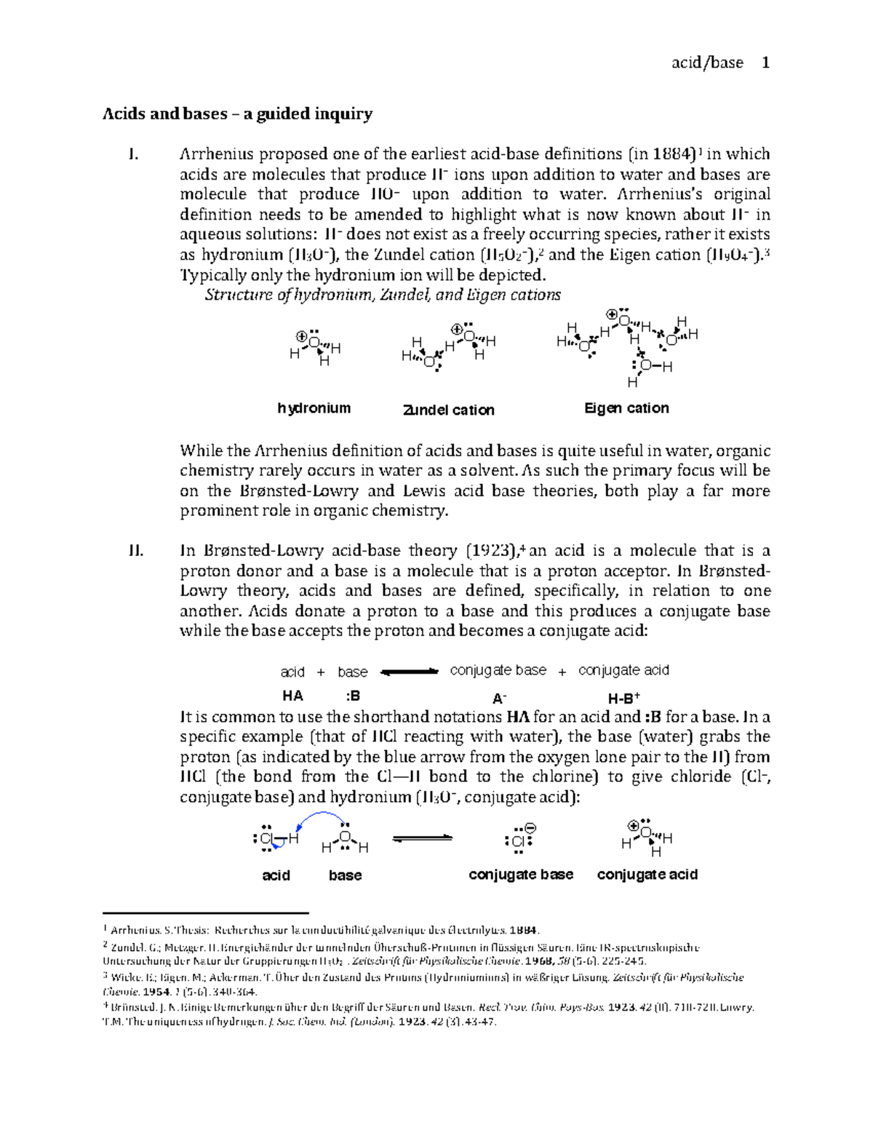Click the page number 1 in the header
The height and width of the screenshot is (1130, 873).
tap(765, 63)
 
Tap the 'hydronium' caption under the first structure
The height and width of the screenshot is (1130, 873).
tap(314, 408)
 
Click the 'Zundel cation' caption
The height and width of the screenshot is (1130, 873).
tap(448, 410)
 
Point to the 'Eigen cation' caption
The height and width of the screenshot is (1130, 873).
tap(626, 408)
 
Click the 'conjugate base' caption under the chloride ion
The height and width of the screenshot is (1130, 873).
tap(521, 875)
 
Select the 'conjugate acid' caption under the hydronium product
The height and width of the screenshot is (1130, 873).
tap(647, 875)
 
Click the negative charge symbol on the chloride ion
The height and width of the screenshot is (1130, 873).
tap(530, 829)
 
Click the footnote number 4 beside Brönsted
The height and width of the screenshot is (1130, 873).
tap(106, 1006)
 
